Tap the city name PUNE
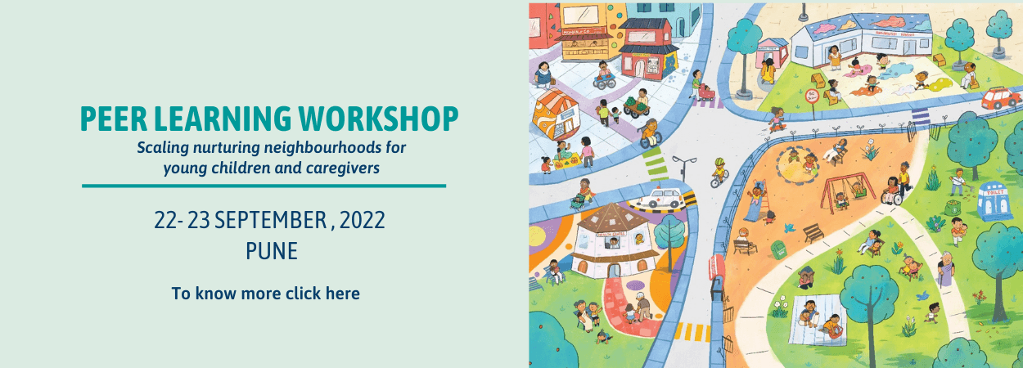(x=271, y=250)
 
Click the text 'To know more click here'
(x=265, y=293)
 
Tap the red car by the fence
(x=1000, y=98)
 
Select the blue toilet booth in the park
(x=994, y=201)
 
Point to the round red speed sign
(x=813, y=95)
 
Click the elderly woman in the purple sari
(x=946, y=269)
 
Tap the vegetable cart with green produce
(x=634, y=105)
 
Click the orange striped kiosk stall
(x=556, y=114)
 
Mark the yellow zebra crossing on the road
(x=692, y=331)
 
